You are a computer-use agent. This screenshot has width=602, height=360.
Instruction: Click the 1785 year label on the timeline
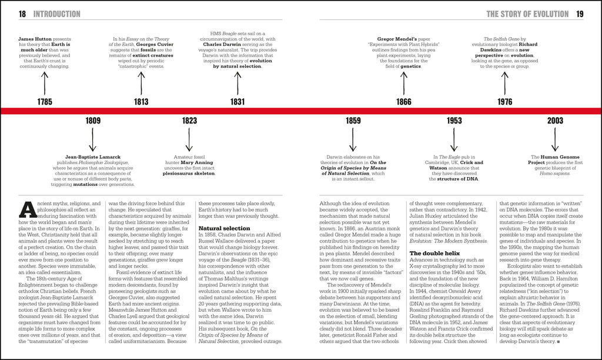click(x=44, y=102)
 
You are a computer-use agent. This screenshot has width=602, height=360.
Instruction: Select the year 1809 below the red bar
click(x=93, y=121)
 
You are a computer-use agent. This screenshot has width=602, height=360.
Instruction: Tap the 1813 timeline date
click(x=141, y=102)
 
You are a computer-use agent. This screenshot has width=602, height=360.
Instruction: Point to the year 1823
click(x=189, y=121)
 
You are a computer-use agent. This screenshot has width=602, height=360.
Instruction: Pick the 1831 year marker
click(x=238, y=102)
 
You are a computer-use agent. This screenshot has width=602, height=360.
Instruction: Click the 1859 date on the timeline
click(x=353, y=121)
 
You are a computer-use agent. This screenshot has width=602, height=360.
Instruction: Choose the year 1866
click(x=403, y=102)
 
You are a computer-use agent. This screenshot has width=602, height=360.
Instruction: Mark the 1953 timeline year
click(x=454, y=121)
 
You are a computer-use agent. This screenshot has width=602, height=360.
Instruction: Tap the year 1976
click(x=504, y=102)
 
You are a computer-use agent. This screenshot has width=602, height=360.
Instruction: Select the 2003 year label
click(x=555, y=121)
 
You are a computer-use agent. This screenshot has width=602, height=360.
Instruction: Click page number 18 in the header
click(x=22, y=14)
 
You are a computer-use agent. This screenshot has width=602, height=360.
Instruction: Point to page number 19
click(x=580, y=14)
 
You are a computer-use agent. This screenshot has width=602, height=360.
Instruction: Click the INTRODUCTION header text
click(x=57, y=14)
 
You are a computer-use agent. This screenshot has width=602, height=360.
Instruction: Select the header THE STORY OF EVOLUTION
click(x=527, y=14)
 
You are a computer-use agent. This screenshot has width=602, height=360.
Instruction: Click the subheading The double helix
click(x=434, y=252)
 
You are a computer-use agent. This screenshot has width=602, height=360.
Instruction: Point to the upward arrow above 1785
click(x=44, y=81)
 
